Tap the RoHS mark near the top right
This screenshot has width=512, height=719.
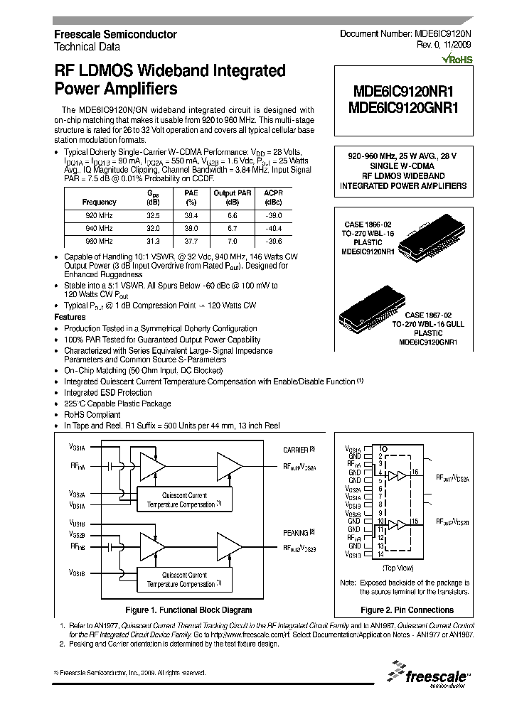pos(457,58)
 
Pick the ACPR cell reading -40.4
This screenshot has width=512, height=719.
pos(273,227)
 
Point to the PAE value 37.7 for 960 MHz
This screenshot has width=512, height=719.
pos(191,241)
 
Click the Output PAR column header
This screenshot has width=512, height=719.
pos(233,193)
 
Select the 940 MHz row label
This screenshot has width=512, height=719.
pos(99,227)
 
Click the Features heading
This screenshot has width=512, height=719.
pos(70,317)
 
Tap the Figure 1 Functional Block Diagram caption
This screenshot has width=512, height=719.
pos(188,610)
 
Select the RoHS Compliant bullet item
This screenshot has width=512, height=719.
pos(92,414)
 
